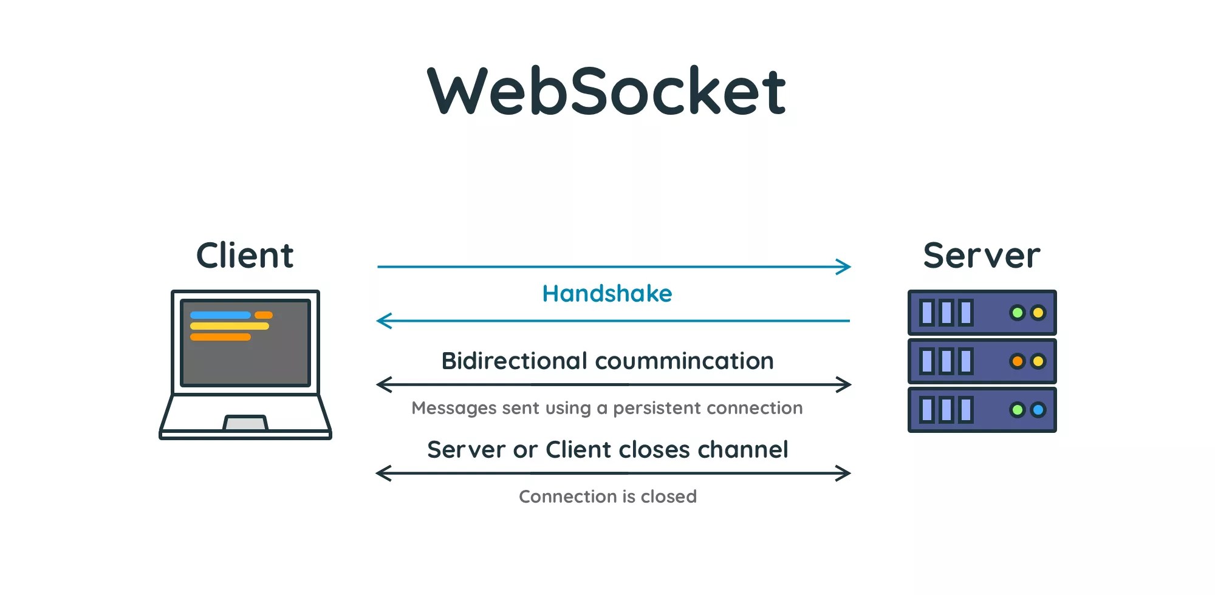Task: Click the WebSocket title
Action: tap(606, 91)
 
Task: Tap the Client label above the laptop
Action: tap(245, 256)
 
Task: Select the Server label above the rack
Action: tap(981, 256)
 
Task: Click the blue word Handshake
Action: tap(607, 294)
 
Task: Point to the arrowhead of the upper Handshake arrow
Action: tap(845, 267)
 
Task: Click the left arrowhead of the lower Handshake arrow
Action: tap(383, 321)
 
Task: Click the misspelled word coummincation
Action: tap(684, 361)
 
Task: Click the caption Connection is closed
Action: tap(607, 497)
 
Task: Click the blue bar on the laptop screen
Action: tap(221, 315)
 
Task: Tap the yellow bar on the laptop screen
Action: tap(230, 326)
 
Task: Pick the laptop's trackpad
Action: tap(245, 423)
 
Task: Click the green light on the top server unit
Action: tap(1018, 313)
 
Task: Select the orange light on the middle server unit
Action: tap(1018, 361)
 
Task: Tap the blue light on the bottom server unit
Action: tap(1038, 410)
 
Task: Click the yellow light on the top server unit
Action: tap(1038, 313)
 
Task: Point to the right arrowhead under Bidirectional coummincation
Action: tap(845, 384)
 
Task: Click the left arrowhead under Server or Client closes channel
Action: tap(383, 473)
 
